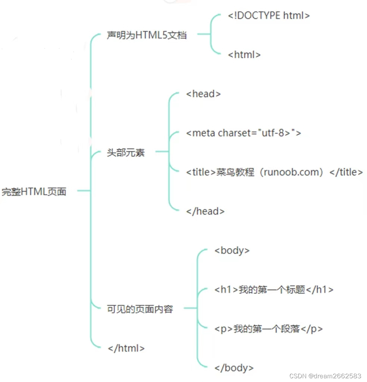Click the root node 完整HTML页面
(x=34, y=192)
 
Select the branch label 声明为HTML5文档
(x=147, y=35)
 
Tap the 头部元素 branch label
(x=126, y=153)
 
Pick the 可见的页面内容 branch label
(x=140, y=309)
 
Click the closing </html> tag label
(x=126, y=348)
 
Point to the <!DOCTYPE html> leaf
(x=269, y=16)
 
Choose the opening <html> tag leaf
(x=244, y=55)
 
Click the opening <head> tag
(x=203, y=94)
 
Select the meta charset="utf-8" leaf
(x=244, y=133)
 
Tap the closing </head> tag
(x=206, y=212)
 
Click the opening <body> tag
(x=232, y=250)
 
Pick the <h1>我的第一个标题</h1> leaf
(x=274, y=289)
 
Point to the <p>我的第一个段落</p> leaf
(x=269, y=329)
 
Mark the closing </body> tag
(x=234, y=368)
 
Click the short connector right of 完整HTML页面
(x=84, y=191)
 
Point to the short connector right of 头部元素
(x=162, y=152)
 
